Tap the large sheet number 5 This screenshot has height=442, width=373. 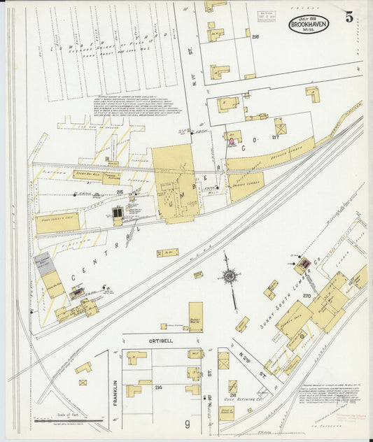(348, 17)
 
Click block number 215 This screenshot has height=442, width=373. (120, 192)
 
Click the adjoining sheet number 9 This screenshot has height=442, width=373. (188, 425)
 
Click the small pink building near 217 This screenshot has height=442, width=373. (231, 141)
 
